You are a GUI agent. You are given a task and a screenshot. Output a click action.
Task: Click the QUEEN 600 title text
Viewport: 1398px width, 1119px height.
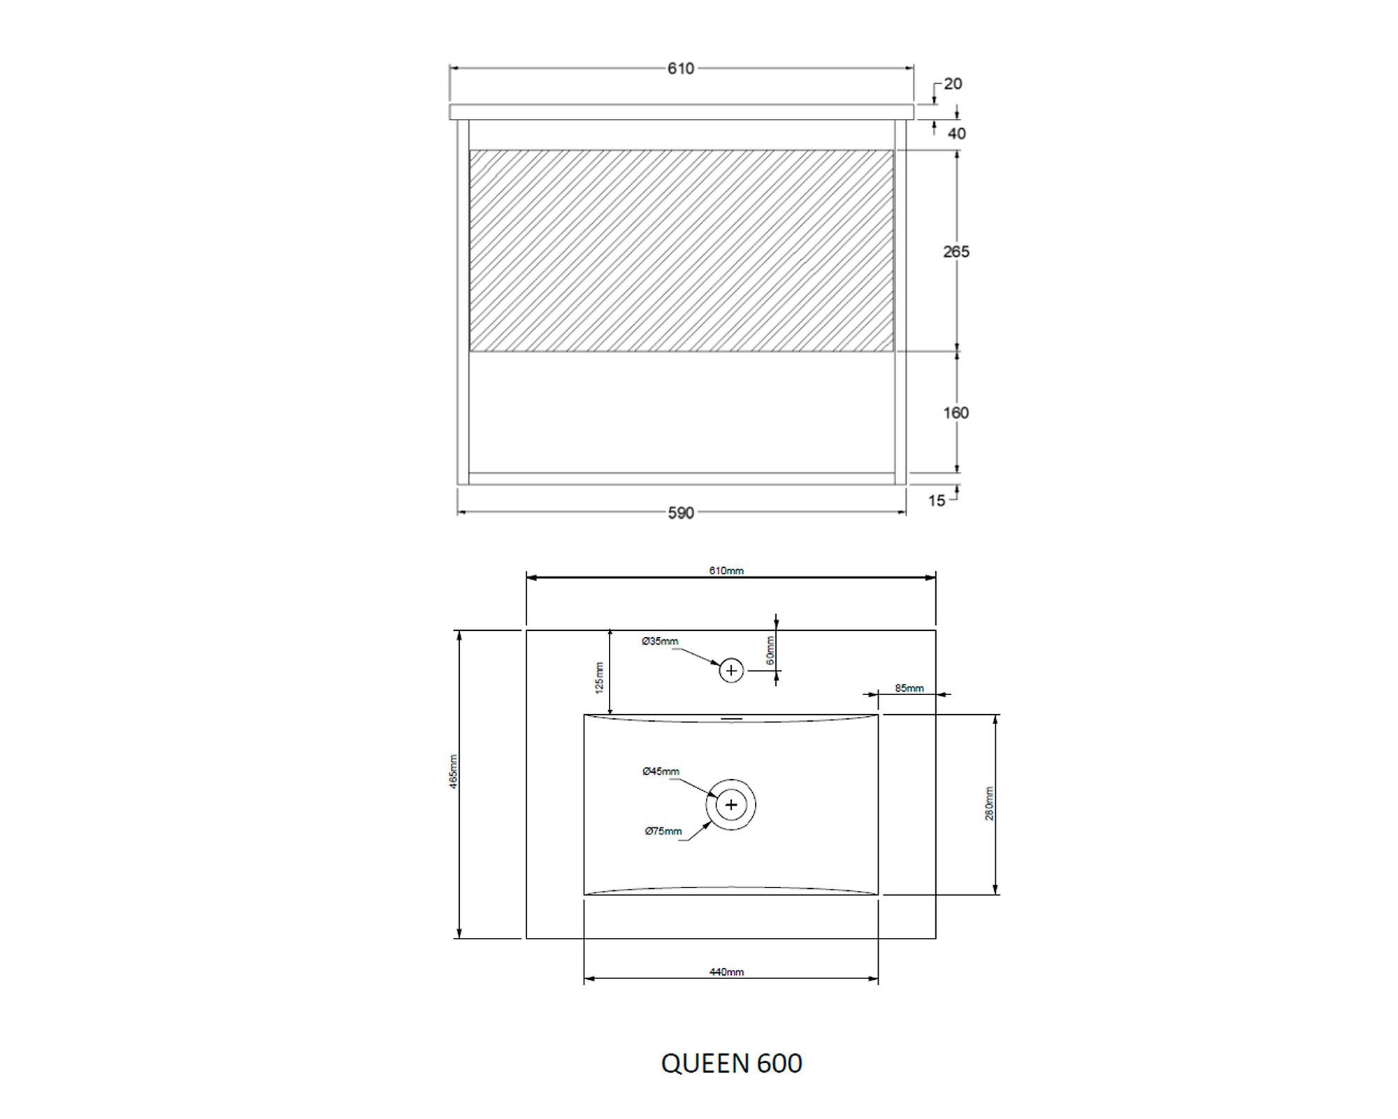[731, 1063]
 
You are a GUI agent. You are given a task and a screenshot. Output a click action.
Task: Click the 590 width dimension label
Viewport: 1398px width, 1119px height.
[681, 513]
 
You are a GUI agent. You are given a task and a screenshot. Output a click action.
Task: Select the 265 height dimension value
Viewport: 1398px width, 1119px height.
[956, 252]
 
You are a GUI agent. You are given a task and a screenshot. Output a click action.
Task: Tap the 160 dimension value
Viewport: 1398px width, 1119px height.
[956, 413]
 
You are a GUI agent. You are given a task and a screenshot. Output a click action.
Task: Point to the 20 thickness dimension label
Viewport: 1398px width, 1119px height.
[953, 84]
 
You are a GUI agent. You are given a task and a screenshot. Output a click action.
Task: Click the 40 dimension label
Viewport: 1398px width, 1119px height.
[956, 134]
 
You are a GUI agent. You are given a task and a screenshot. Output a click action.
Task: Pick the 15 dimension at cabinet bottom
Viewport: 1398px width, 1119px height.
[937, 501]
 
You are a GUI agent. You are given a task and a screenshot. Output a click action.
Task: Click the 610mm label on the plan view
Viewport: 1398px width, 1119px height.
[726, 571]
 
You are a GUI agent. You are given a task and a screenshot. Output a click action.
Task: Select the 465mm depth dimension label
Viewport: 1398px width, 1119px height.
[454, 772]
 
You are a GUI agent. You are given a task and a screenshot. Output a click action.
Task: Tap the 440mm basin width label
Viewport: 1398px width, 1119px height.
[726, 971]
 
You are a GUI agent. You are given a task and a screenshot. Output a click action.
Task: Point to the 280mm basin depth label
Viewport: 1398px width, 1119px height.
[989, 804]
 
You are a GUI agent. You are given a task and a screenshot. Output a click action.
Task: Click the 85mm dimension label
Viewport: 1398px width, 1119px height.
[909, 688]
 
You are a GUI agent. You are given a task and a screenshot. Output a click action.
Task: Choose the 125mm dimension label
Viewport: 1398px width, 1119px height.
[599, 678]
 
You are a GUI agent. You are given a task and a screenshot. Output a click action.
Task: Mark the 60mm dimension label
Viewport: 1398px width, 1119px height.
[770, 650]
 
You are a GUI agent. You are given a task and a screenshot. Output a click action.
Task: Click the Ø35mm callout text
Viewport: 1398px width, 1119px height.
[660, 641]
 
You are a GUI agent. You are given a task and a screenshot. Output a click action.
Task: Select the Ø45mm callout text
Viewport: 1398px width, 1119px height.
[661, 771]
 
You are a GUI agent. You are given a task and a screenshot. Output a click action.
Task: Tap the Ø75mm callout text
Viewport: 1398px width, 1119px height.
[663, 831]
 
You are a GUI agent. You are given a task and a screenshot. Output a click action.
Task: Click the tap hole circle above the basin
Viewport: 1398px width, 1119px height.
[731, 671]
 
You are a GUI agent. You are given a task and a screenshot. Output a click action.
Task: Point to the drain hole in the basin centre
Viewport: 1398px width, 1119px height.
[731, 805]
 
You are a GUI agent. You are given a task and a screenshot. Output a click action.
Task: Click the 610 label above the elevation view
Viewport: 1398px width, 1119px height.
[681, 69]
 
